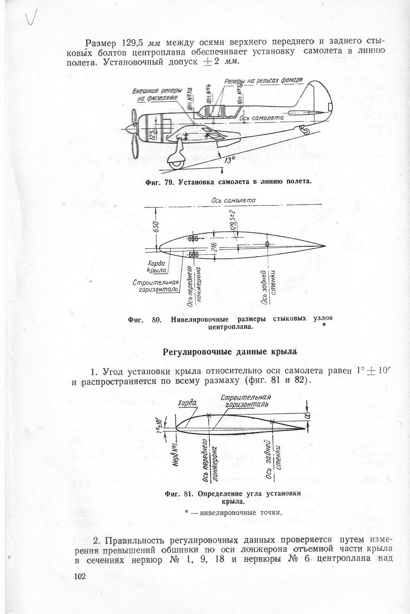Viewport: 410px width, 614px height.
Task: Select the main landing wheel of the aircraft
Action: point(177,164)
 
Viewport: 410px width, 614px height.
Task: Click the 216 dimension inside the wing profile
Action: point(213,248)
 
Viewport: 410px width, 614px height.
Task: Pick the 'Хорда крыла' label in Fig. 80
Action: point(156,267)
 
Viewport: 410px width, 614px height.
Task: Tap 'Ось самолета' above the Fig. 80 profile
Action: point(233,200)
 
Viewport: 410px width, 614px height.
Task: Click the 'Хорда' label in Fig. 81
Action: point(188,403)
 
